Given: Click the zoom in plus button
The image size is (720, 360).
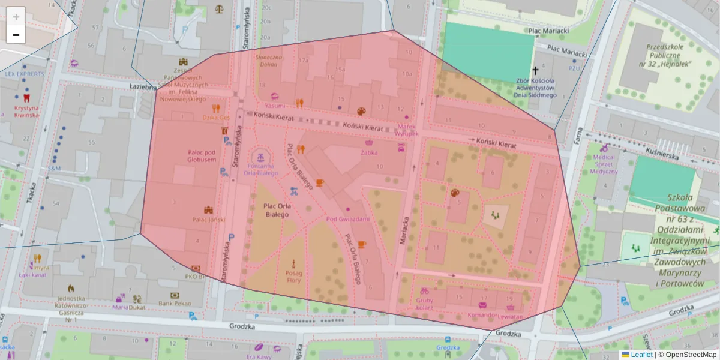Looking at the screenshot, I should (16, 17).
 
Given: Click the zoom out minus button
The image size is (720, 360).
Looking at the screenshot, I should (16, 35).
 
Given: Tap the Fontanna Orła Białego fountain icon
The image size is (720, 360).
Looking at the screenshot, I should (260, 157).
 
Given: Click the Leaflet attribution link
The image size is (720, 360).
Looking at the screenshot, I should (637, 355).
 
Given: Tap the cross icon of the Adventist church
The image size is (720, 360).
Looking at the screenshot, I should (535, 70).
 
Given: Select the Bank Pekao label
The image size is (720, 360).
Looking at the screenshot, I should (174, 304).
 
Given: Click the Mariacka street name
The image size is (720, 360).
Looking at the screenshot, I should (404, 228).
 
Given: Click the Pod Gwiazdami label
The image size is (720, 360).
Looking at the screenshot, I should (348, 219).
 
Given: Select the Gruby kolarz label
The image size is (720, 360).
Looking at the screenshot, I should (424, 304).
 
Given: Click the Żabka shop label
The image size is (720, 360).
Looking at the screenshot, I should (369, 152).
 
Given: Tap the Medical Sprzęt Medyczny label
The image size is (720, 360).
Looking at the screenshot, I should (604, 164).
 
